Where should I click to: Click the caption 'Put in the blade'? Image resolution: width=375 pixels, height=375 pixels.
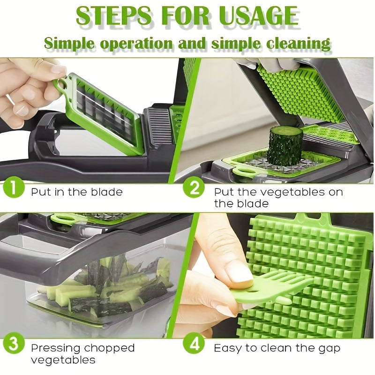(x=77, y=192)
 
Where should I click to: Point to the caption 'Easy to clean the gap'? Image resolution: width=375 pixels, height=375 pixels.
(x=277, y=348)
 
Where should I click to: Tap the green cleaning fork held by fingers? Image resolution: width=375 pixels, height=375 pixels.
(x=277, y=288)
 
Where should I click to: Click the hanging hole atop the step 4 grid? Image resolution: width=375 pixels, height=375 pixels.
(x=320, y=217)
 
